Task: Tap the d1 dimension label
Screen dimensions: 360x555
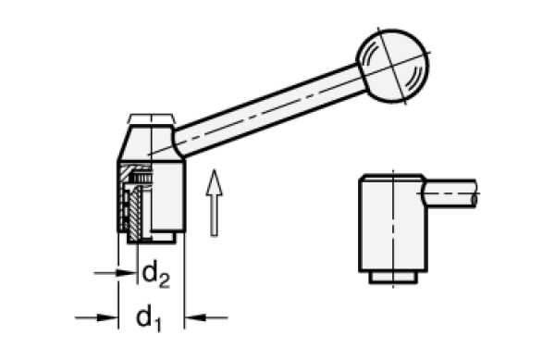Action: (x=146, y=317)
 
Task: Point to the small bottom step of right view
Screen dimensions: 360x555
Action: (x=392, y=276)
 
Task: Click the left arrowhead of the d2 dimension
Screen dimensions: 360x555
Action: (x=121, y=274)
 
